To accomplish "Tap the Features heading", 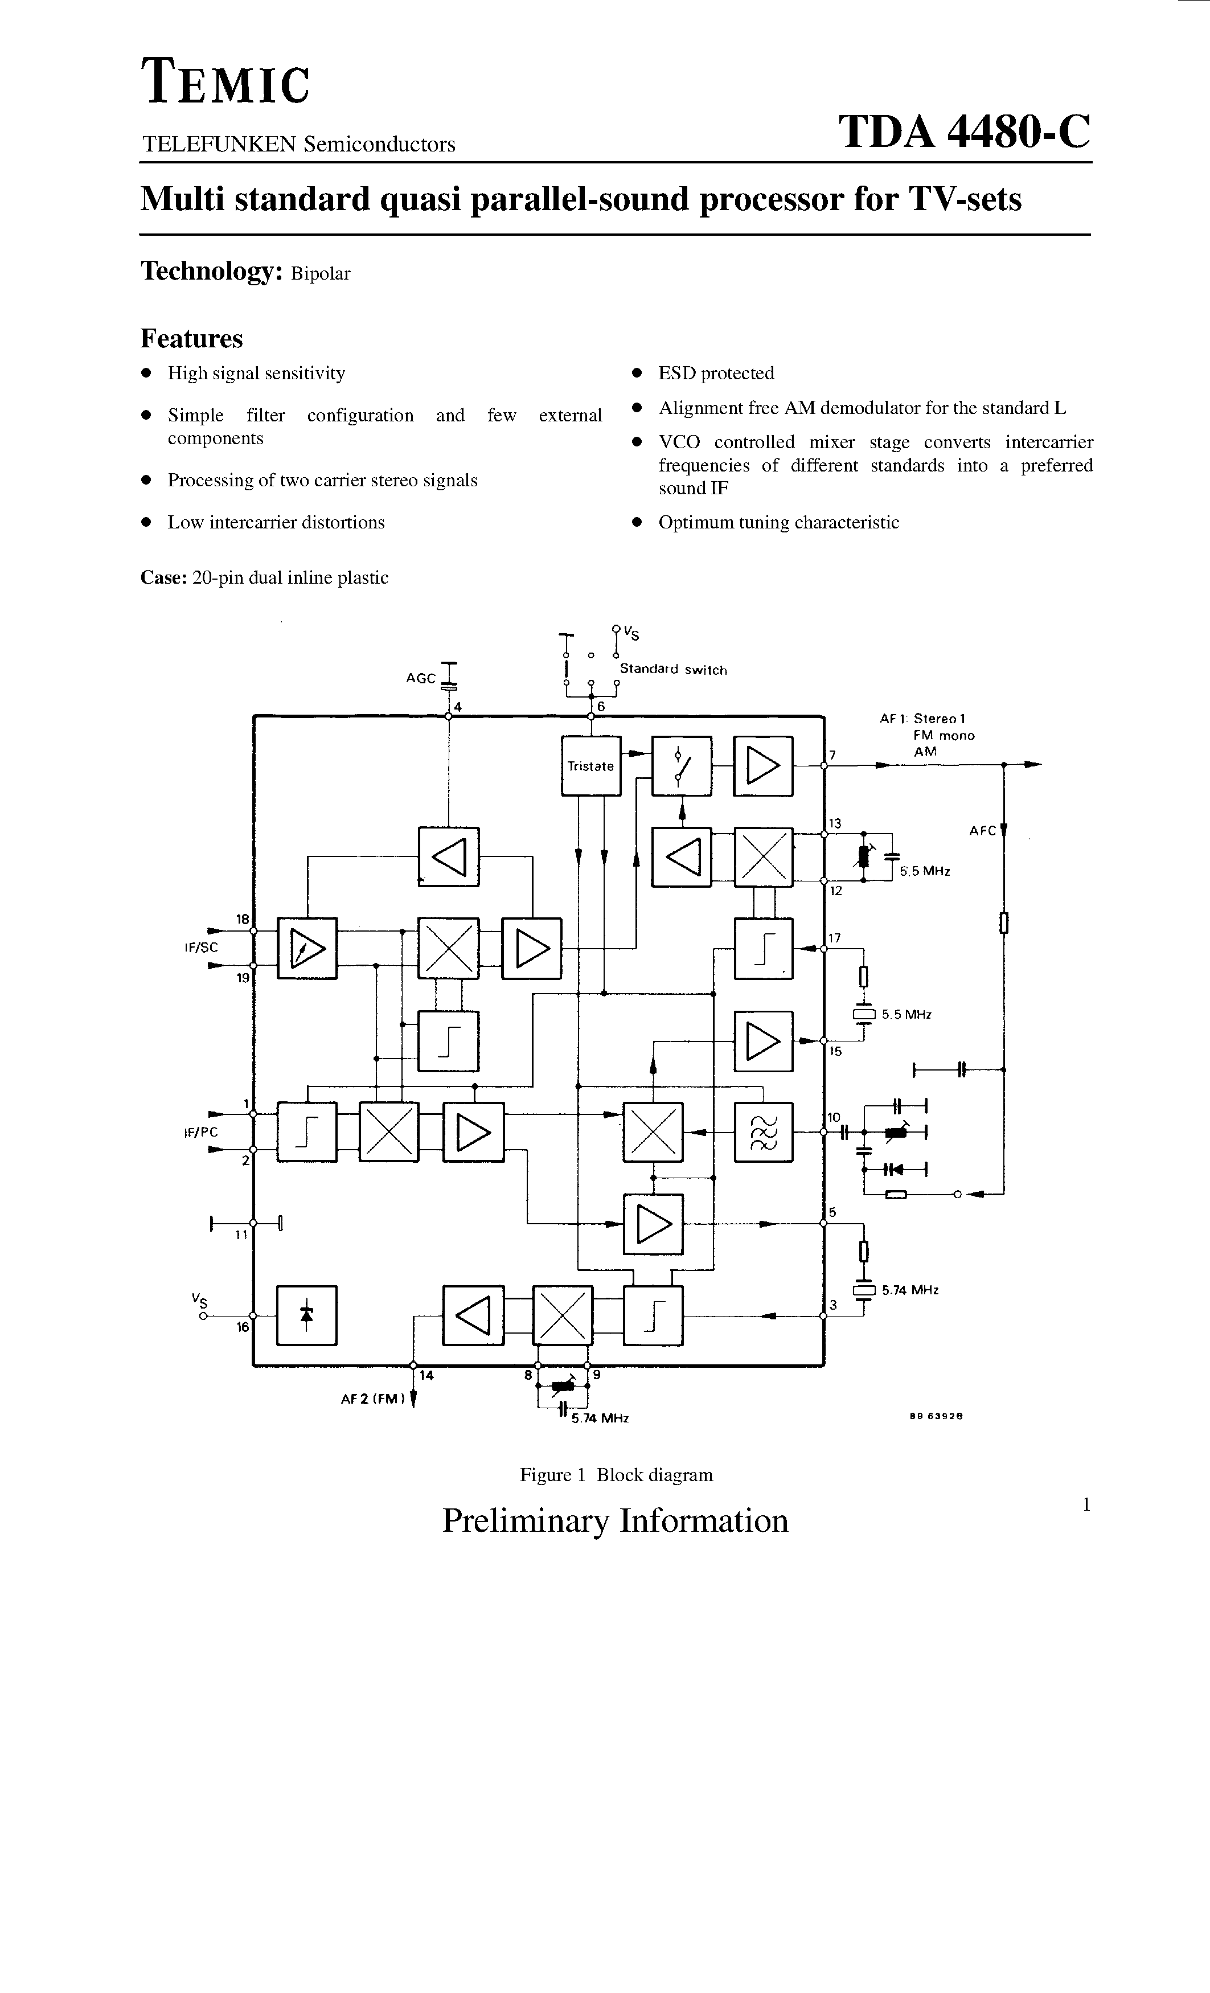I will (192, 338).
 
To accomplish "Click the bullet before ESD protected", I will (637, 374).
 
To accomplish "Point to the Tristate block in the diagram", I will (590, 766).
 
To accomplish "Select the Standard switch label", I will (673, 670).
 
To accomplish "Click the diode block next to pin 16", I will (306, 1315).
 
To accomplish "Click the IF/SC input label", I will (202, 947).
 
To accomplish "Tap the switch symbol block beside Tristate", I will (682, 766).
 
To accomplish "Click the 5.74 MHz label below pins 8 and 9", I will (600, 1418).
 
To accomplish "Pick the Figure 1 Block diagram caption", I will (616, 1474).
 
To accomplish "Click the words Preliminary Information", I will (615, 1520).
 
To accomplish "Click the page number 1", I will (1086, 1504).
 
